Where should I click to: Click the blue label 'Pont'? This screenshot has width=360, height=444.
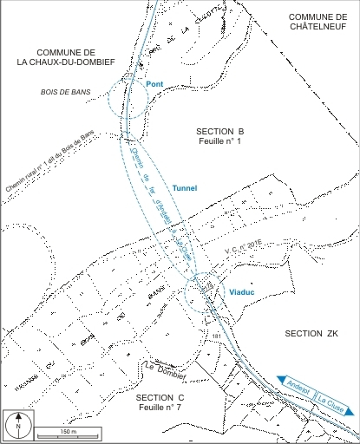click(x=155, y=84)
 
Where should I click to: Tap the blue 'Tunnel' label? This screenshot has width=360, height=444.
click(x=186, y=187)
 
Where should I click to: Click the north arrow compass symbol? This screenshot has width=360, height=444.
click(x=16, y=425)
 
